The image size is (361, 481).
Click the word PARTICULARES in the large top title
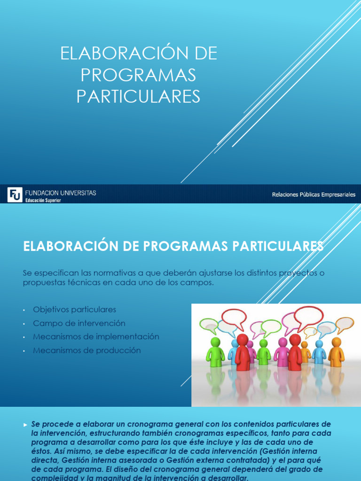tap(138, 96)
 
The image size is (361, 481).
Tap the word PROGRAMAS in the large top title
tap(138, 75)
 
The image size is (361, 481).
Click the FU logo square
tap(15, 194)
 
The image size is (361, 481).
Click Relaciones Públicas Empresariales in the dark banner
tap(314, 194)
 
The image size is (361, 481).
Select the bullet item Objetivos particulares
tap(74, 310)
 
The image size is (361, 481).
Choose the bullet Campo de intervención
tap(79, 323)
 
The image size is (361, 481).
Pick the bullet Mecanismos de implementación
tap(96, 337)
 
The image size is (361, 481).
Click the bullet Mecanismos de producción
tap(86, 350)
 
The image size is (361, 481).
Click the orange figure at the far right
tap(336, 352)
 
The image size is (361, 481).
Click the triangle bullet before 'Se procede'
tap(25, 425)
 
